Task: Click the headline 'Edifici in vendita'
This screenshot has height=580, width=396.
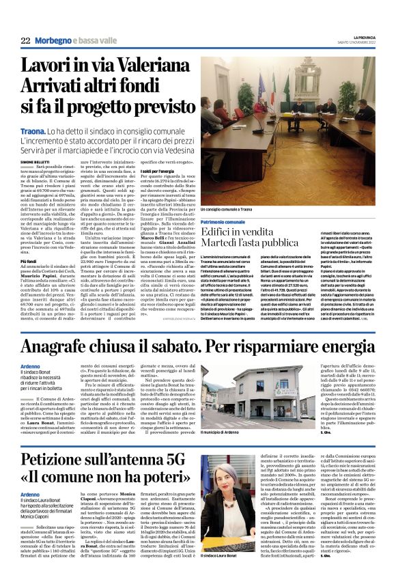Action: coord(250,233)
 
